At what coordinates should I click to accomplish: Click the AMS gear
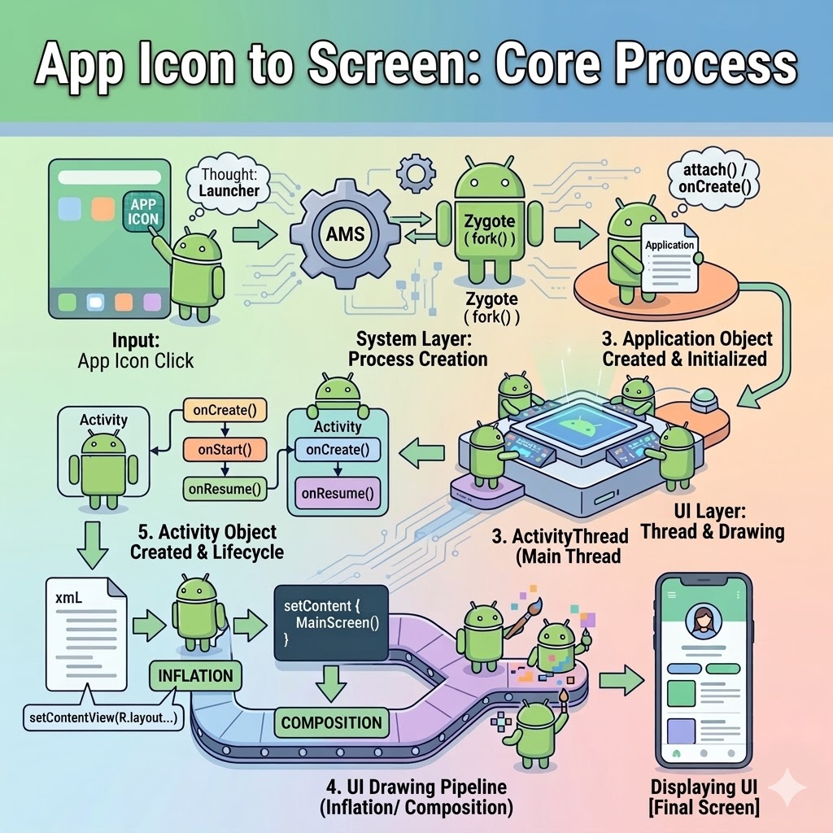(x=345, y=234)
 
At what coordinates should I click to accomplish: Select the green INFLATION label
(x=195, y=675)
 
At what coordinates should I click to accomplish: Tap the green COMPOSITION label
(x=331, y=722)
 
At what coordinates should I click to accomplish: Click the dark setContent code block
(x=329, y=624)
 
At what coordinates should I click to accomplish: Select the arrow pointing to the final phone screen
(x=621, y=678)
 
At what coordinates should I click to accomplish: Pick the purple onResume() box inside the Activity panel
(x=338, y=491)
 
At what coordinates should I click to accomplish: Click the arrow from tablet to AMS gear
(x=253, y=235)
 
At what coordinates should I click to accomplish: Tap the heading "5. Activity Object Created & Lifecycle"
(x=207, y=542)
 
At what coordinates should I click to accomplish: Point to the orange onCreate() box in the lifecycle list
(x=225, y=410)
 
